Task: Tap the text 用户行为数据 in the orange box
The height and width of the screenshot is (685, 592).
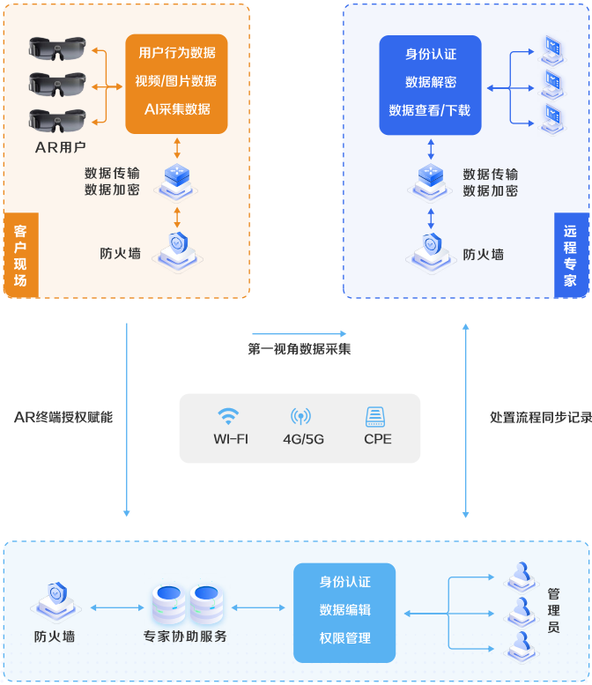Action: click(176, 53)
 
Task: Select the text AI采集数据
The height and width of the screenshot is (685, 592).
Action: click(176, 109)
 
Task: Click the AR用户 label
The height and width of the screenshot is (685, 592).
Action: click(61, 146)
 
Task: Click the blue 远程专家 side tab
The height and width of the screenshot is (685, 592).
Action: click(571, 256)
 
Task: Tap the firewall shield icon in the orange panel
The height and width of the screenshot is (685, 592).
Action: click(178, 246)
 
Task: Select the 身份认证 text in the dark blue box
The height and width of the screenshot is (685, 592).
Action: click(430, 54)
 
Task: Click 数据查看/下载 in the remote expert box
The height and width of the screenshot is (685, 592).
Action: click(430, 110)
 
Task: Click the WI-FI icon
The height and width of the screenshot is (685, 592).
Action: click(229, 417)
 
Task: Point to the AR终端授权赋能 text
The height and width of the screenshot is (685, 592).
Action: click(63, 417)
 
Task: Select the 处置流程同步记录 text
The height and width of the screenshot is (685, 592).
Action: click(540, 417)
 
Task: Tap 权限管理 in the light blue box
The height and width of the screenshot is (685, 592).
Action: click(344, 638)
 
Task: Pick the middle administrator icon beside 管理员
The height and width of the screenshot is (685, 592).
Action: click(520, 609)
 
